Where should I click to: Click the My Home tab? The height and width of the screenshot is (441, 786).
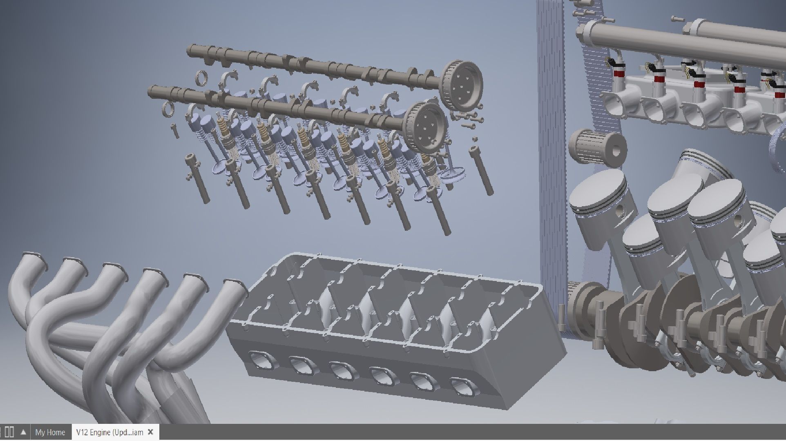(50, 432)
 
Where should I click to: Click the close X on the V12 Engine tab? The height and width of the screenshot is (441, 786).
(150, 432)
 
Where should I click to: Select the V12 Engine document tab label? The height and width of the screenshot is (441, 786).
(109, 432)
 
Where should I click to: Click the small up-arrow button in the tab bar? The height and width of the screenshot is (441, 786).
(24, 432)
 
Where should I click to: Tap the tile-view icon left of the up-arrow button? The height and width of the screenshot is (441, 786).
(10, 432)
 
